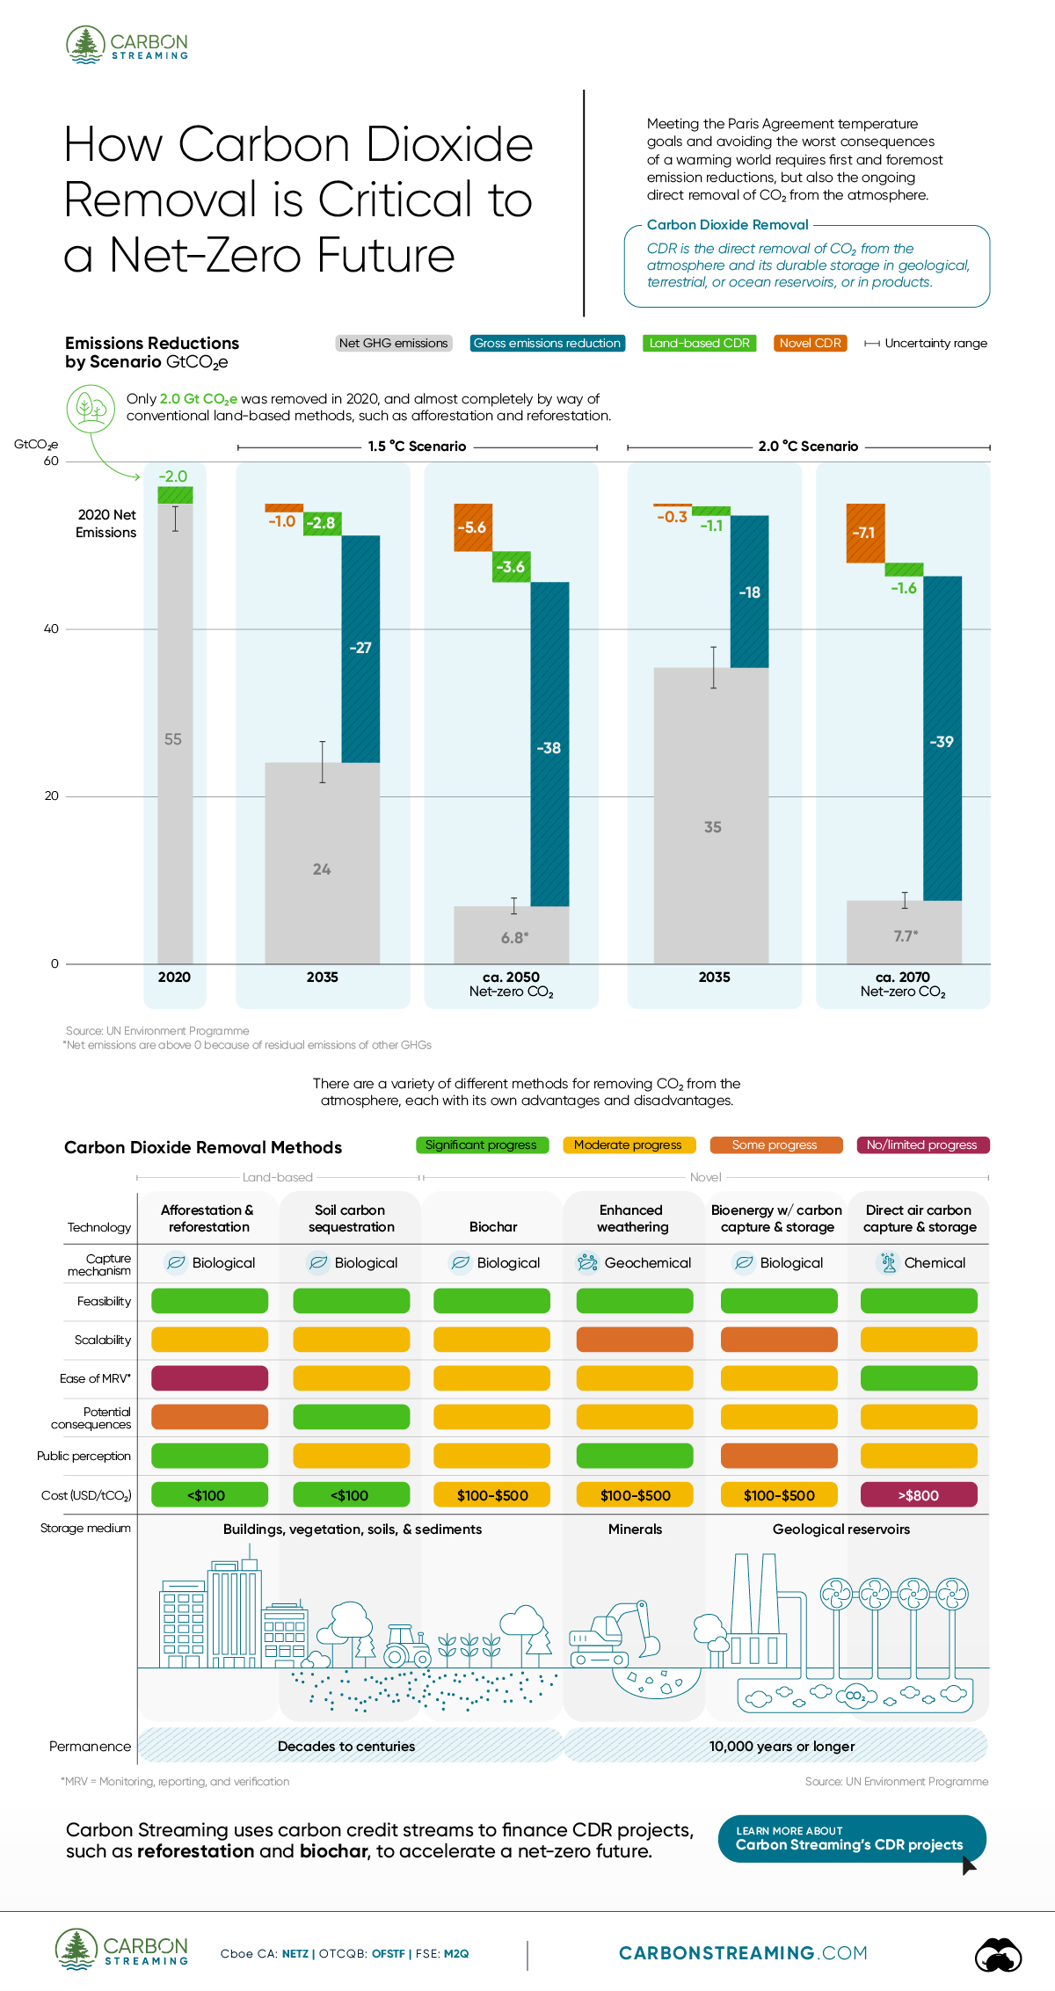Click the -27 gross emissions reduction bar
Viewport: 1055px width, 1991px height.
tap(360, 649)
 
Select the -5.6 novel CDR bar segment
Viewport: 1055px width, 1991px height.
tap(473, 527)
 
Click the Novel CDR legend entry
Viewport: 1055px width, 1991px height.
tap(810, 343)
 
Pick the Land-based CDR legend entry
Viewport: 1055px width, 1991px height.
tap(699, 343)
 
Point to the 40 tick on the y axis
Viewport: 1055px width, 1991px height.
tap(51, 629)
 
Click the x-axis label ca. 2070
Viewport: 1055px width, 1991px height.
tap(903, 977)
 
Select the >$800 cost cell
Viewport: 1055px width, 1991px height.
tap(919, 1495)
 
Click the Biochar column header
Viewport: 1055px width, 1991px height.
tap(493, 1226)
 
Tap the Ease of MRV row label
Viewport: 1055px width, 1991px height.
tap(95, 1378)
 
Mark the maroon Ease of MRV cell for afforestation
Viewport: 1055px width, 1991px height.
tap(209, 1378)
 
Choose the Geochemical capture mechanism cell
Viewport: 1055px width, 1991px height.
tap(634, 1263)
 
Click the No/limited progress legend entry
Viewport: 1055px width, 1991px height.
tap(921, 1144)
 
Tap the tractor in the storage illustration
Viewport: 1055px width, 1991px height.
tap(407, 1645)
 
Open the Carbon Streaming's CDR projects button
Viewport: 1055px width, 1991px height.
tap(851, 1838)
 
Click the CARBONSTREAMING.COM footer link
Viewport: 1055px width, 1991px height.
tap(743, 1952)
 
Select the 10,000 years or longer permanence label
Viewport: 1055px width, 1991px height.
tap(782, 1746)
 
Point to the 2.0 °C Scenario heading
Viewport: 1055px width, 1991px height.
tap(808, 447)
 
